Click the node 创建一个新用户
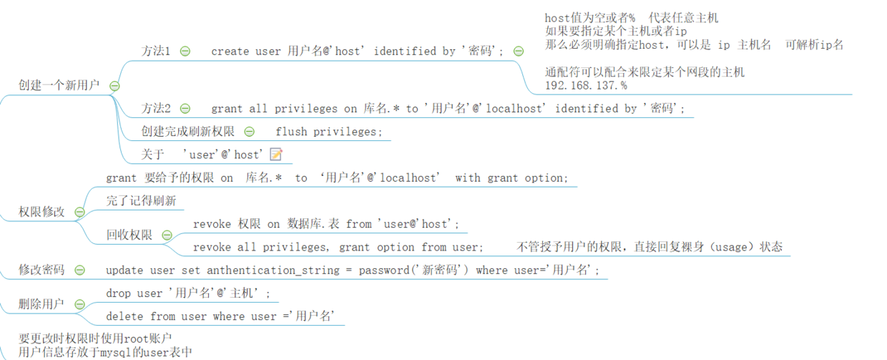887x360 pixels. click(x=59, y=85)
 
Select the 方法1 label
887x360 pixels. click(x=156, y=52)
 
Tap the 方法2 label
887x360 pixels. click(x=156, y=109)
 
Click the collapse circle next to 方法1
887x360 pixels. click(x=185, y=52)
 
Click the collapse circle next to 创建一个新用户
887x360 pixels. click(x=114, y=86)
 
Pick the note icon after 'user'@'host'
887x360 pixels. click(x=276, y=155)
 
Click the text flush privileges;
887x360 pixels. click(x=329, y=132)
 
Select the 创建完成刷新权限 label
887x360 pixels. click(x=187, y=132)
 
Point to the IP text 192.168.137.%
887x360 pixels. click(x=586, y=85)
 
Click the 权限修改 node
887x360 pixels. click(x=41, y=212)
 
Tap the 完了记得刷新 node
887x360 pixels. click(x=141, y=201)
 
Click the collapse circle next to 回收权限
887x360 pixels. click(x=167, y=235)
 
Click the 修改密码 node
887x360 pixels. click(x=41, y=270)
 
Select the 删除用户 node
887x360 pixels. click(x=41, y=304)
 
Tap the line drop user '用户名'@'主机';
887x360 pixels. click(x=189, y=293)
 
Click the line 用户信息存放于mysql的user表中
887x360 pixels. click(x=105, y=351)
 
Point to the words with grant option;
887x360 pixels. click(x=511, y=178)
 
